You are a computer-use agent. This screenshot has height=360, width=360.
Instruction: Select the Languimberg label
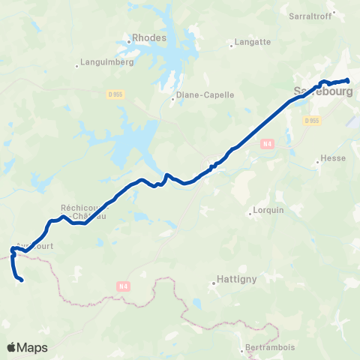(106, 62)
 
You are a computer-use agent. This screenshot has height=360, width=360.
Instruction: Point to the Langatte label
(253, 43)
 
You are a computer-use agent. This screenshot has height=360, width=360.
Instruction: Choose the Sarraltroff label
(310, 15)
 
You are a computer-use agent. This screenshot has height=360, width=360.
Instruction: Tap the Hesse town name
(332, 158)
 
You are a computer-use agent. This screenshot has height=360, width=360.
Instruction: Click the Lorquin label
(269, 211)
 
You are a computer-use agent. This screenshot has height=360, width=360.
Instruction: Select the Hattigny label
(237, 279)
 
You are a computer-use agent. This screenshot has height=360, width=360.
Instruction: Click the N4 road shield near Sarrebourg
(266, 142)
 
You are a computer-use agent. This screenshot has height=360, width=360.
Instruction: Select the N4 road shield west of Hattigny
(124, 285)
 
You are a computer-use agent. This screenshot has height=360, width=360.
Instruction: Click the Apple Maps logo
(27, 347)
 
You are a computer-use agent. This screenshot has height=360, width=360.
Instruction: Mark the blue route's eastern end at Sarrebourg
(348, 80)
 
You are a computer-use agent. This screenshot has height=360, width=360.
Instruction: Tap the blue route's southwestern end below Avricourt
(22, 280)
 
